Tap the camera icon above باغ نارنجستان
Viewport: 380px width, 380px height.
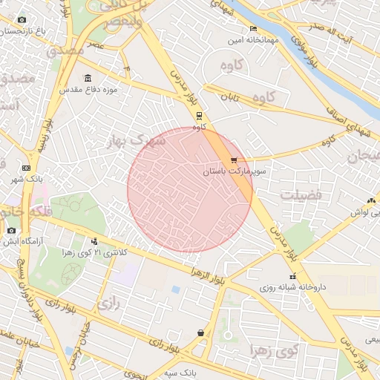coord(22,19)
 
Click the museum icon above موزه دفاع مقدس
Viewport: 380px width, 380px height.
coord(88,79)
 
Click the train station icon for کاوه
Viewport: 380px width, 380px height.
coord(199,116)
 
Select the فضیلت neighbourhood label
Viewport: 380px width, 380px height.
coord(301,194)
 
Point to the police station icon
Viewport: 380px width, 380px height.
coord(94,241)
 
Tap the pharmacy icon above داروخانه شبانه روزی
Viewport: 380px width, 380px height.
coord(292,276)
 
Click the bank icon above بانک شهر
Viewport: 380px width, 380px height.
coord(27,168)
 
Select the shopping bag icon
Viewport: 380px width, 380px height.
coord(200,333)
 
